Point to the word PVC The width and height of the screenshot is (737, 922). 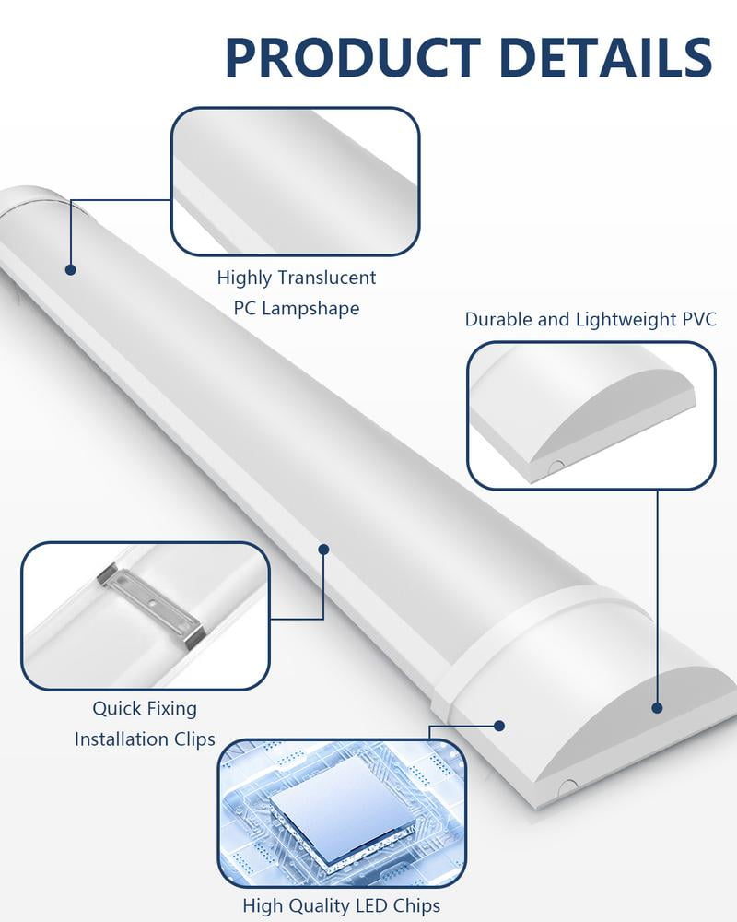pyautogui.click(x=697, y=320)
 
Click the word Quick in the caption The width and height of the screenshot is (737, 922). pyautogui.click(x=117, y=709)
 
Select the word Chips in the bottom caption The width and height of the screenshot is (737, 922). pyautogui.click(x=415, y=905)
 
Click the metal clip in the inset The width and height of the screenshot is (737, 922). pyautogui.click(x=153, y=604)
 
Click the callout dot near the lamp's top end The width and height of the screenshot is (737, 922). pyautogui.click(x=70, y=269)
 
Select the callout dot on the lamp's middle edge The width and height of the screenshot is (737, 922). pyautogui.click(x=323, y=549)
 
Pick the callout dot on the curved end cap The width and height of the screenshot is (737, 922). pyautogui.click(x=657, y=708)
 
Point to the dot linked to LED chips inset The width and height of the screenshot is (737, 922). pyautogui.click(x=498, y=726)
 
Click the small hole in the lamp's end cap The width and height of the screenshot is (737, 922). pyautogui.click(x=568, y=786)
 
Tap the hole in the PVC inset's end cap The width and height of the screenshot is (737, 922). pyautogui.click(x=556, y=467)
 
